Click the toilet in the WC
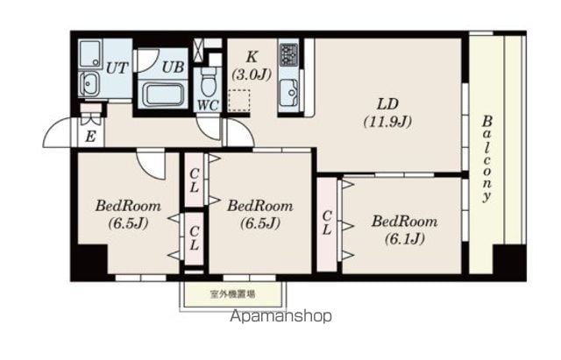pos(209,81)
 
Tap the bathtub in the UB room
pos(163,95)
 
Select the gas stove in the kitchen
pos(288,54)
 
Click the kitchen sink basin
pos(288,93)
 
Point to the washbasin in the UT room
pos(89,84)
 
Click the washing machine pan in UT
pos(90,53)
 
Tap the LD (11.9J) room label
pos(387,113)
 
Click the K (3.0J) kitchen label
pos(252,66)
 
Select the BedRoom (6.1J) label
pos(405,229)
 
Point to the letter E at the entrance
pos(90,137)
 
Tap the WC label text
pos(209,105)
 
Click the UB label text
pos(173,67)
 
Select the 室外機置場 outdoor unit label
pos(232,294)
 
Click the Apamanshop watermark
pos(280,316)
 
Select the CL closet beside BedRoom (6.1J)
pos(327,223)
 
